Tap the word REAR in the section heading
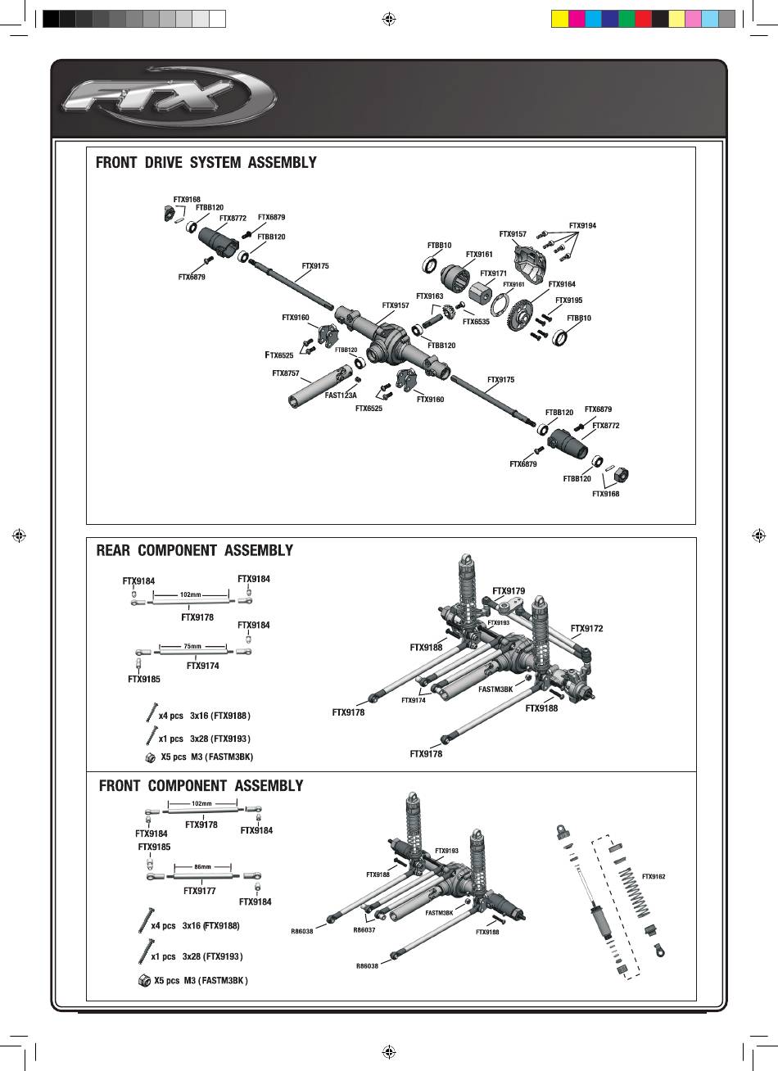point(114,550)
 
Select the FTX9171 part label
point(494,273)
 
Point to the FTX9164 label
point(562,284)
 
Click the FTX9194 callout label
point(582,225)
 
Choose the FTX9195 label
point(568,301)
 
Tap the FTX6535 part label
point(476,322)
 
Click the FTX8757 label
point(286,373)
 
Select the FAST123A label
point(341,395)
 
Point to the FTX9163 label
point(429,296)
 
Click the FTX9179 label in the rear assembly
point(509,590)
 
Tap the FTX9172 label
point(586,628)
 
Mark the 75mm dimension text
point(192,647)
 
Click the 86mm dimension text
point(202,866)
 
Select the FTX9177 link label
point(200,890)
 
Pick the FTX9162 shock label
point(654,876)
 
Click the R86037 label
point(364,930)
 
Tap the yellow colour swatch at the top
point(559,19)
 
